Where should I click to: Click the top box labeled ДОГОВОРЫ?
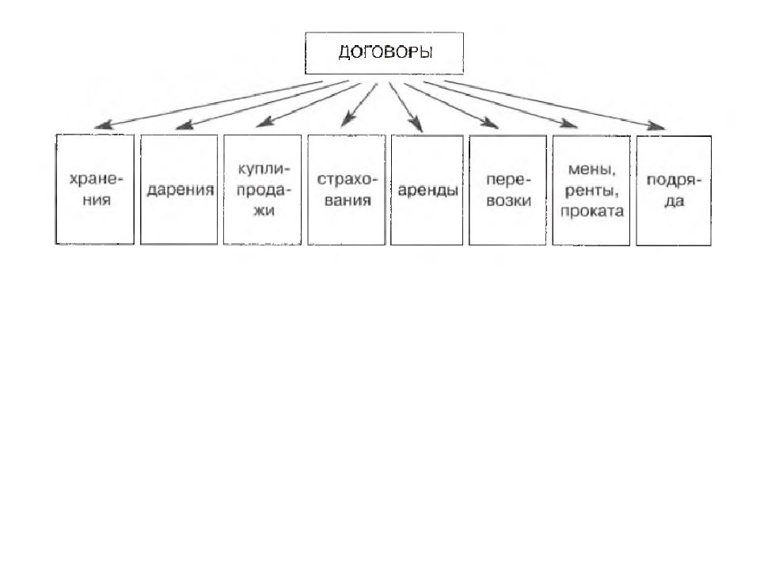pos(385,53)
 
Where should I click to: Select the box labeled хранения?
pos(95,189)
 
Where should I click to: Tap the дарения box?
pos(179,189)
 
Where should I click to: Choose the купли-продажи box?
pos(262,189)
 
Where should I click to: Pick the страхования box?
pos(347,189)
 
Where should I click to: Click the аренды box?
pos(427,190)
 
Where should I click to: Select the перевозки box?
pos(508,190)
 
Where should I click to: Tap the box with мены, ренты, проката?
pos(591,191)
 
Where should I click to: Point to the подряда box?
pos(674,191)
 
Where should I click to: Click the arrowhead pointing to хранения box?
pos(102,125)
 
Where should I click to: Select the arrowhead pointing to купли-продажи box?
pos(264,123)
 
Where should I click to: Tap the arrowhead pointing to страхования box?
pos(347,120)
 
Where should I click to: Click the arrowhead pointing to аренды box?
pos(416,126)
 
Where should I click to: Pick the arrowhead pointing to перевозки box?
pos(490,124)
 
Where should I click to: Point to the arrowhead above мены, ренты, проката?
pos(569,123)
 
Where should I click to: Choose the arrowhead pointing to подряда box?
pos(657,126)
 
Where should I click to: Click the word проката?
pos(592,211)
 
